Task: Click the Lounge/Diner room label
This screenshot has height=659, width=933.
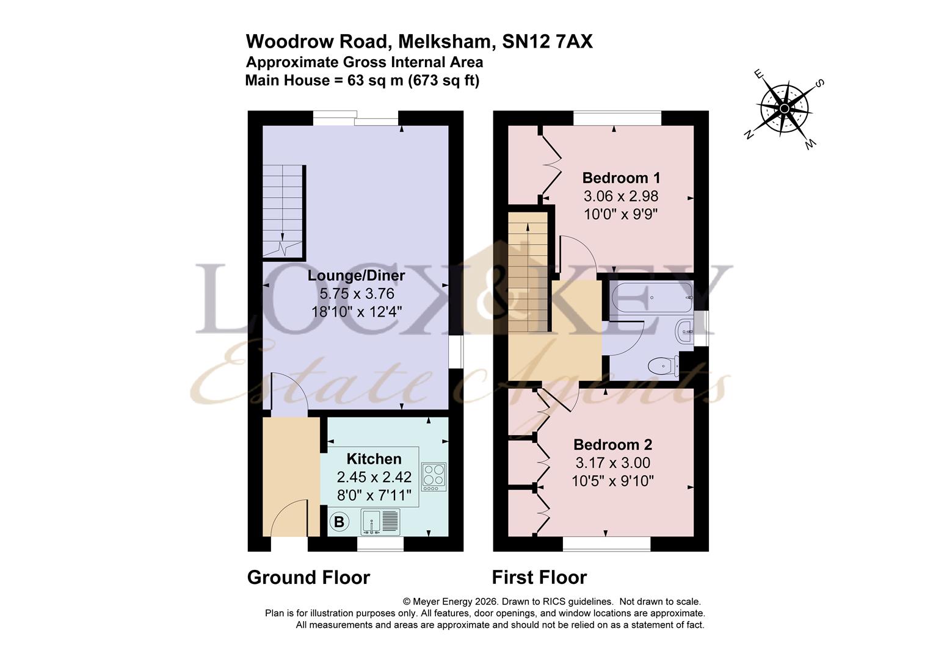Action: (x=356, y=276)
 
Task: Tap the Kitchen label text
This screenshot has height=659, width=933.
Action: (x=374, y=459)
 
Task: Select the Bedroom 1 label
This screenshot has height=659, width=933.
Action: (x=621, y=178)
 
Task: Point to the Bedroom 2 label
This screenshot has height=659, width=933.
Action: (x=612, y=445)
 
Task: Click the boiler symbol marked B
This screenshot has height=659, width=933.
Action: (x=339, y=522)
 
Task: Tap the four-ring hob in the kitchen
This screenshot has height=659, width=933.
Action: (x=434, y=477)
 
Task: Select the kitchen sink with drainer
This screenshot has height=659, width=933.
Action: (x=380, y=522)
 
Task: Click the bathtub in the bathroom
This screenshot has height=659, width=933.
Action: (x=652, y=298)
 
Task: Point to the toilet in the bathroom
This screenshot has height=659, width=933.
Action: (x=664, y=367)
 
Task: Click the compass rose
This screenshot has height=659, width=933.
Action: (x=784, y=109)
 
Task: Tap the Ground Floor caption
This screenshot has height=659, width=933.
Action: (x=308, y=578)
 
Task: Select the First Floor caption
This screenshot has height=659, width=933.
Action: (x=539, y=578)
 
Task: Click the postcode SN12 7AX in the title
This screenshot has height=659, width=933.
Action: (x=547, y=41)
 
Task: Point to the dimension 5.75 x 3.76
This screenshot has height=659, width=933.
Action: (x=357, y=293)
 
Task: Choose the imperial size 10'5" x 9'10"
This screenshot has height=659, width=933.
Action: (x=612, y=481)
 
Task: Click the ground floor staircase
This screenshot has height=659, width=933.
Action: (x=283, y=212)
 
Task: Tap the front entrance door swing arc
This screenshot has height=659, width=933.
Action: (x=289, y=518)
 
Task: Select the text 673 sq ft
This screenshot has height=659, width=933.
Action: (x=443, y=81)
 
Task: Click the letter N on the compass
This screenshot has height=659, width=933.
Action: (x=749, y=134)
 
